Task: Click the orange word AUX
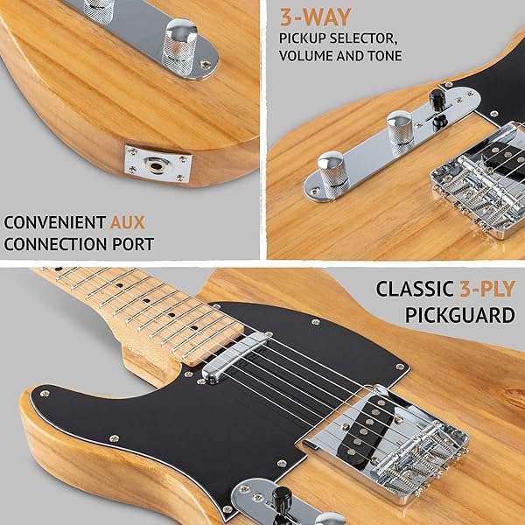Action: coord(128,222)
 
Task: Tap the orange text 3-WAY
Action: coord(315,17)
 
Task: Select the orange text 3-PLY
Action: coord(487,289)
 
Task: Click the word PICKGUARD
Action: coord(460,315)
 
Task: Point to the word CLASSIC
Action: coord(415,289)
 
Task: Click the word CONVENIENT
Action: coord(55,222)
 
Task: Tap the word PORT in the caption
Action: coord(133,244)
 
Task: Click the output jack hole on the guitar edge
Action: coord(156,165)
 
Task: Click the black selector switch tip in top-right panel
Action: coord(438,97)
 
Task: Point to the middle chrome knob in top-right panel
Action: coord(400,129)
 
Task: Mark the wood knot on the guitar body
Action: coord(514,398)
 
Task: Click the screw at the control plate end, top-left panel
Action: coord(206,64)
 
